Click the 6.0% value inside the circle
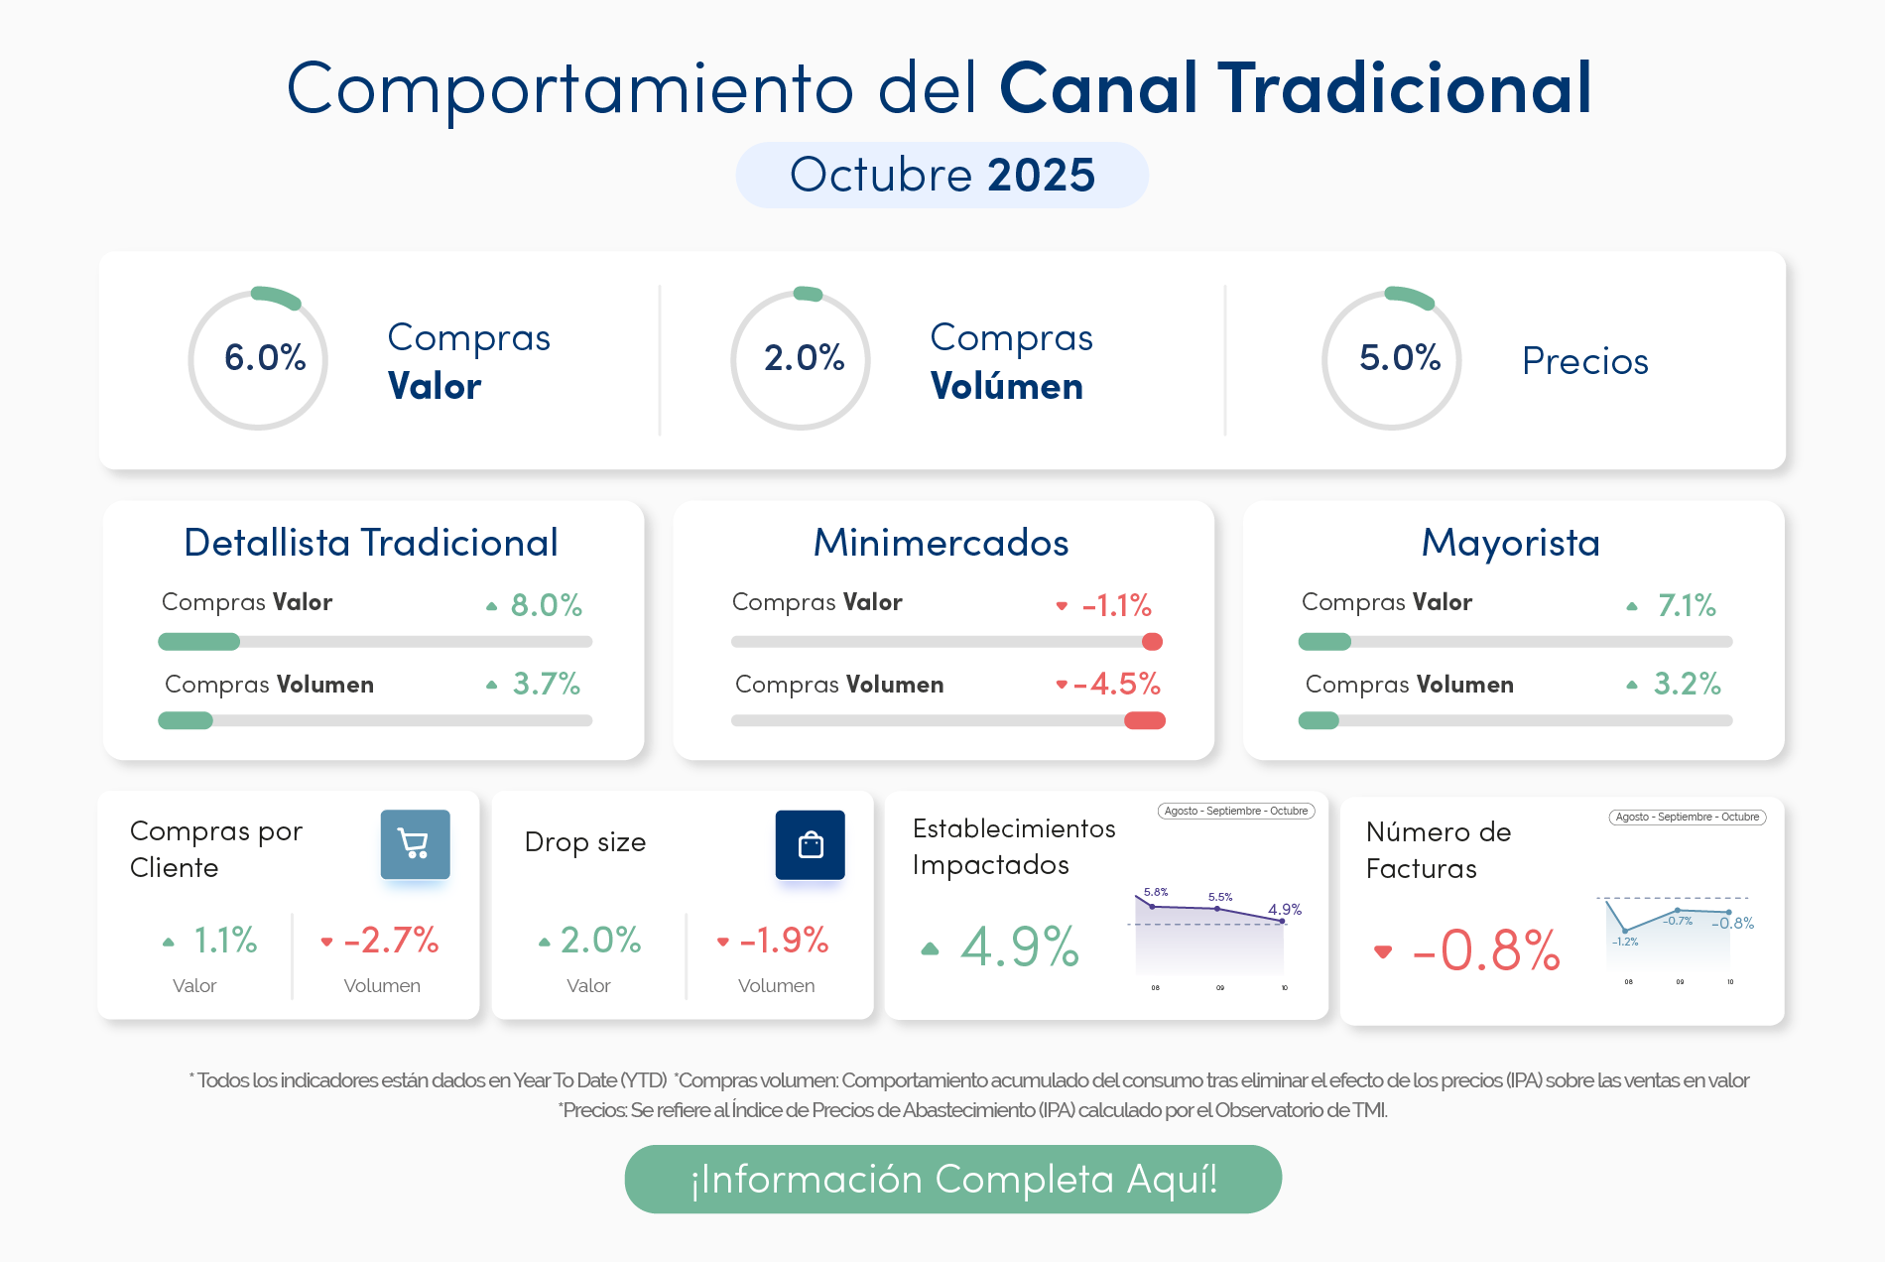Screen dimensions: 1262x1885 click(x=264, y=357)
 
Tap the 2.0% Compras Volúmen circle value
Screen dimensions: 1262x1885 click(x=804, y=357)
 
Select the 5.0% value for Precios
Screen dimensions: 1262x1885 click(x=1399, y=357)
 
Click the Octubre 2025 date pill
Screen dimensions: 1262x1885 click(x=942, y=175)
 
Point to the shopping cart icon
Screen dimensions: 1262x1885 click(x=415, y=844)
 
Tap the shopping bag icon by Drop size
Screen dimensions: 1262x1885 click(x=810, y=844)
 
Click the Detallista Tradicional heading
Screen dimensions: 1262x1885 click(x=371, y=543)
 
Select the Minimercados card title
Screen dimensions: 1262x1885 click(x=941, y=543)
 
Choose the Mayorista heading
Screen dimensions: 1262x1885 click(x=1510, y=543)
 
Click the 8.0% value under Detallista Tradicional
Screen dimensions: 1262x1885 click(x=546, y=604)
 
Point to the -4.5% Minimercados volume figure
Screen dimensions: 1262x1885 click(x=1117, y=684)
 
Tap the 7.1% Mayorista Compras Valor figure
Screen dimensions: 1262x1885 click(x=1687, y=604)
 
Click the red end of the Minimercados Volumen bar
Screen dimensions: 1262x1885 click(x=1145, y=720)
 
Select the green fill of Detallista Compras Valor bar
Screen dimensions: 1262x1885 click(x=199, y=642)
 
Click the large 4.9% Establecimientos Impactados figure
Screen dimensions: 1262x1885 click(x=1019, y=946)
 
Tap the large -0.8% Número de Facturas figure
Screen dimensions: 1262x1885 click(x=1486, y=950)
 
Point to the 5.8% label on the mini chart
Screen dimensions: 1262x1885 click(x=1156, y=892)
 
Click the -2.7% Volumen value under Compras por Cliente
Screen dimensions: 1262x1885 click(x=391, y=940)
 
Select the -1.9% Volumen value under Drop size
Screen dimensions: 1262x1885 click(x=784, y=940)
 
